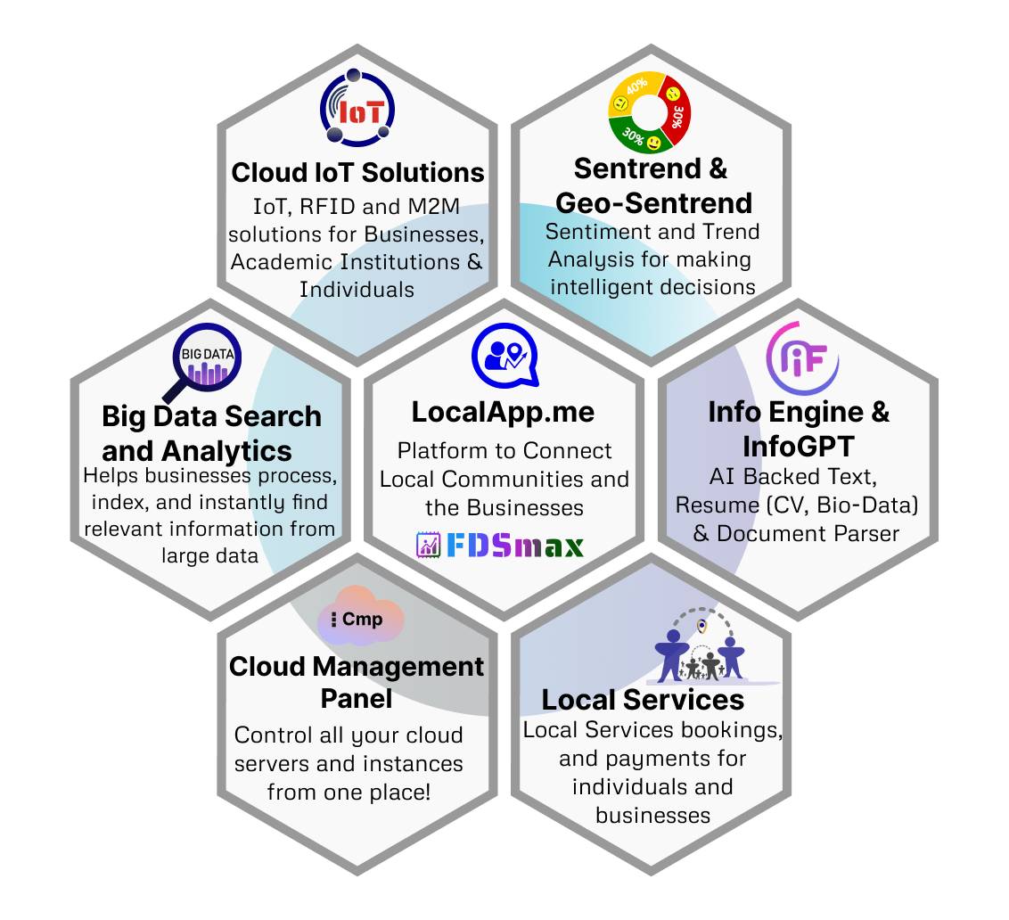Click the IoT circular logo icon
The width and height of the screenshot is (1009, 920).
coord(357,108)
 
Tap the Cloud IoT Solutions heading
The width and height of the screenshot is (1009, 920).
coord(357,173)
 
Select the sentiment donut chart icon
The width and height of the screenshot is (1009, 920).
coord(649,112)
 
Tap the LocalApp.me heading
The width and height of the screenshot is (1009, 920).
coord(504,412)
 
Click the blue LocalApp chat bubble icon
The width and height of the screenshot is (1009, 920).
coord(505,356)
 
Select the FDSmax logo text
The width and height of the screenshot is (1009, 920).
coord(515,546)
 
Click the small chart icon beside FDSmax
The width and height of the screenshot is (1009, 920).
coord(428,546)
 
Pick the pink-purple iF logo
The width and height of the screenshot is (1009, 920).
coord(802,358)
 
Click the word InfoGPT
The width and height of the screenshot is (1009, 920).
coord(799,446)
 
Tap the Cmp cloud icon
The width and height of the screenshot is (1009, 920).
coord(360,617)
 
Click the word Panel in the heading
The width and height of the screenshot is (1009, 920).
coord(357,699)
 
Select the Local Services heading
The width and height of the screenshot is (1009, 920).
coord(642,700)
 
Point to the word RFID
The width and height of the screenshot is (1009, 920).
coord(327,207)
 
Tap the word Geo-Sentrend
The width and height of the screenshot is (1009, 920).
coord(653,203)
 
